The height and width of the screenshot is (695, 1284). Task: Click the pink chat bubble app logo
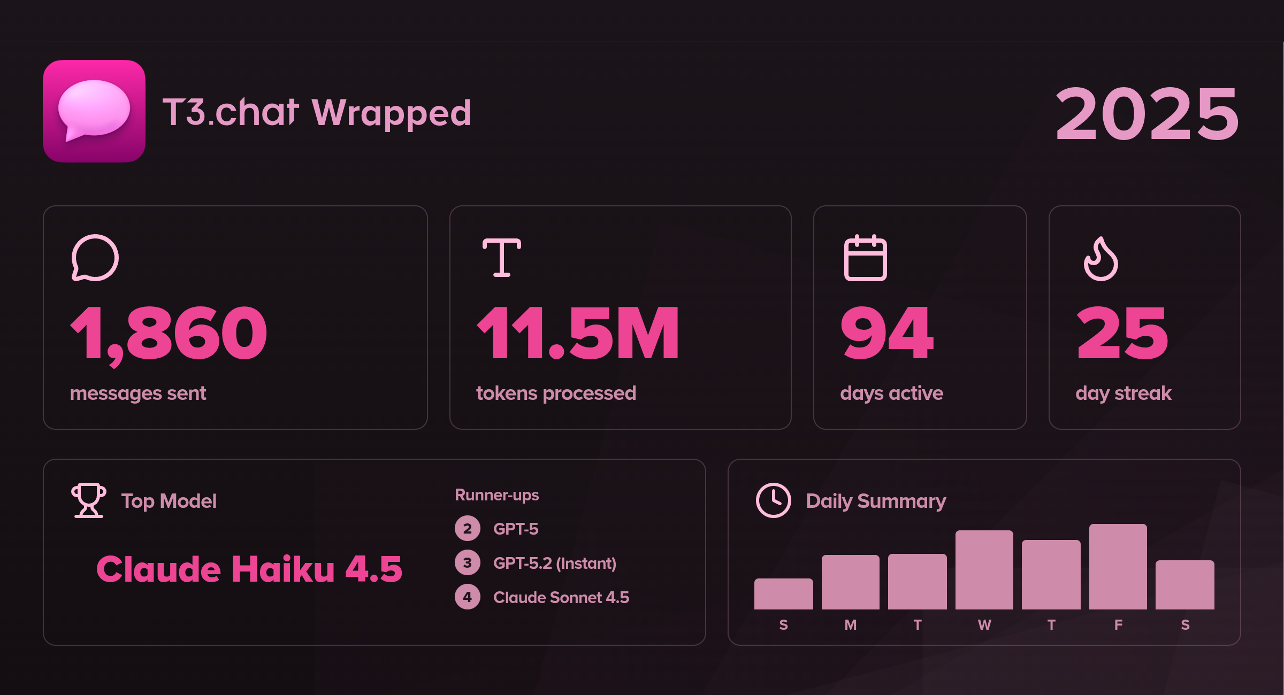(94, 111)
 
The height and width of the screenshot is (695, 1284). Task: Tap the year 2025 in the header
(1147, 114)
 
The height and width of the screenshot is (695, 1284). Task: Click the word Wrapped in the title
(391, 113)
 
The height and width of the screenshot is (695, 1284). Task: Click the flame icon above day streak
(1100, 258)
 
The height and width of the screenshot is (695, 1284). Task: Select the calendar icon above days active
(865, 258)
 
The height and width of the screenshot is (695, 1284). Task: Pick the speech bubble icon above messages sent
(95, 258)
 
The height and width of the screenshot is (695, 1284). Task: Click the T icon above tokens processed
(501, 258)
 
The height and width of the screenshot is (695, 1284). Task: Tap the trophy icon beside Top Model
(89, 500)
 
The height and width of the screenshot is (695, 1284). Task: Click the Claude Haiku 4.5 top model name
(249, 569)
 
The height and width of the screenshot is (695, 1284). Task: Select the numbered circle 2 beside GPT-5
(467, 529)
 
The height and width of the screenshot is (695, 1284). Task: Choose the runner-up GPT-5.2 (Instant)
(554, 563)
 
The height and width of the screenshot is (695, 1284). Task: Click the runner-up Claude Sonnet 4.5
(561, 597)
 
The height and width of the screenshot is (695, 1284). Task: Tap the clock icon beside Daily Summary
(773, 500)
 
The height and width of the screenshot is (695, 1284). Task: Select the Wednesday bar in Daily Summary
(984, 570)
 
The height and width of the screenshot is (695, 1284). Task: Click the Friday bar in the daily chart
(1118, 567)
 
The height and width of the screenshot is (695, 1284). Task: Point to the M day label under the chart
(850, 624)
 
